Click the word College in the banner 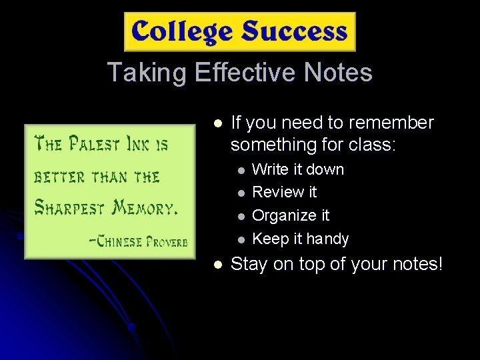click(x=182, y=32)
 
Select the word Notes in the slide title click(x=338, y=72)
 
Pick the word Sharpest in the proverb click(x=71, y=208)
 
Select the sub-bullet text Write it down click(x=298, y=169)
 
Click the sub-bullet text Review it click(x=285, y=193)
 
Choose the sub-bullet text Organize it click(x=291, y=215)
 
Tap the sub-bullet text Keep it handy click(x=301, y=239)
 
